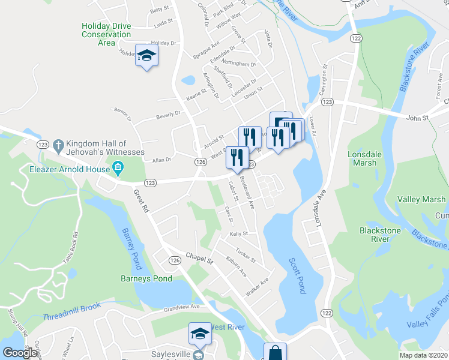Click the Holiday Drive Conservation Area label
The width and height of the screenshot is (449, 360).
click(106, 34)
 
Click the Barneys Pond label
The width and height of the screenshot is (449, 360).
click(146, 278)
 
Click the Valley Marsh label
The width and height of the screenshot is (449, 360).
click(421, 200)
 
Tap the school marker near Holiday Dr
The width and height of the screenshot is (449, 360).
click(146, 56)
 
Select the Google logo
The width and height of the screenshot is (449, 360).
click(20, 353)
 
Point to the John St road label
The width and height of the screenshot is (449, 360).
click(417, 118)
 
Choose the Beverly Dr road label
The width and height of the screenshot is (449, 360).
click(168, 114)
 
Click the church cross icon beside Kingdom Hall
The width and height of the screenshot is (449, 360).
click(58, 145)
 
